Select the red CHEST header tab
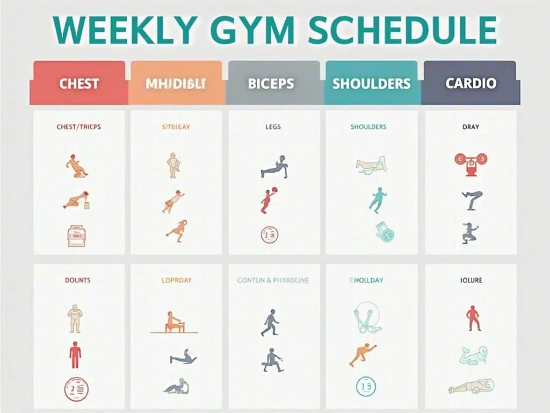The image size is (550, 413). pos(79,83)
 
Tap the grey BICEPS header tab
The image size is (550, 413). pos(271,84)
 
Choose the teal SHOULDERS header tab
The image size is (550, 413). pos(371,84)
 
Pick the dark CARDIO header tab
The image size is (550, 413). pos(471,83)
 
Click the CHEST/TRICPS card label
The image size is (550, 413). pos(78,127)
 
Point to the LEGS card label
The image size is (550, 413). pos(273,127)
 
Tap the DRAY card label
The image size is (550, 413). pos(471,127)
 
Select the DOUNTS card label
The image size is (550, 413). pos(78,280)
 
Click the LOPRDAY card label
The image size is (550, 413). pos(177,280)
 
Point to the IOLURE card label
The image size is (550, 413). pos(471,280)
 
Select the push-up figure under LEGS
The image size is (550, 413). pos(274,167)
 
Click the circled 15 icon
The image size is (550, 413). pos(366,386)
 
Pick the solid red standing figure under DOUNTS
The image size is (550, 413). pos(75,355)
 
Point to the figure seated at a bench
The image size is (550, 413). pos(173,322)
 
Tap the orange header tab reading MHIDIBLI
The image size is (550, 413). pos(176,84)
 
